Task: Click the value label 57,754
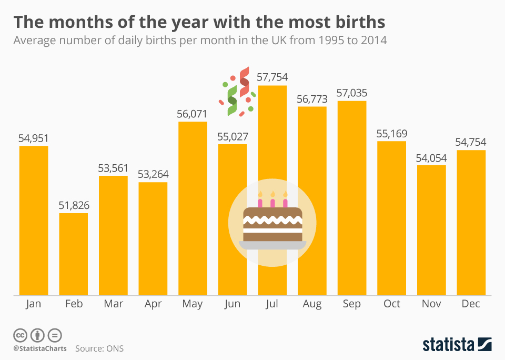(x=272, y=77)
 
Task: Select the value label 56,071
(x=193, y=114)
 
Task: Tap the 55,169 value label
(x=391, y=133)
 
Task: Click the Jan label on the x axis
(x=33, y=304)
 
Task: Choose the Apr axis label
(x=153, y=304)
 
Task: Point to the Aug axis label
(x=312, y=304)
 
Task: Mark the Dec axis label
(x=471, y=304)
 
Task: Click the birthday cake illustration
(x=272, y=223)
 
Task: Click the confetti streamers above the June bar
(x=238, y=92)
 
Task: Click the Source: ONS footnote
(x=99, y=348)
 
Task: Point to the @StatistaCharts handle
(x=40, y=348)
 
